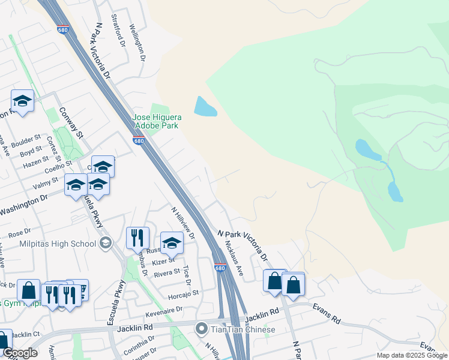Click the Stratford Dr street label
(118, 35)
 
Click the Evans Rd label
(326, 314)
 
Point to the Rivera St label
(167, 272)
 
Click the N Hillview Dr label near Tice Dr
(183, 223)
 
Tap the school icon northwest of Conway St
(22, 101)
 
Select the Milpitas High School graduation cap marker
(106, 242)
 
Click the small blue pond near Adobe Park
(205, 107)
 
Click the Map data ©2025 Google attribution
(412, 355)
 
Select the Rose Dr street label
(19, 232)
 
